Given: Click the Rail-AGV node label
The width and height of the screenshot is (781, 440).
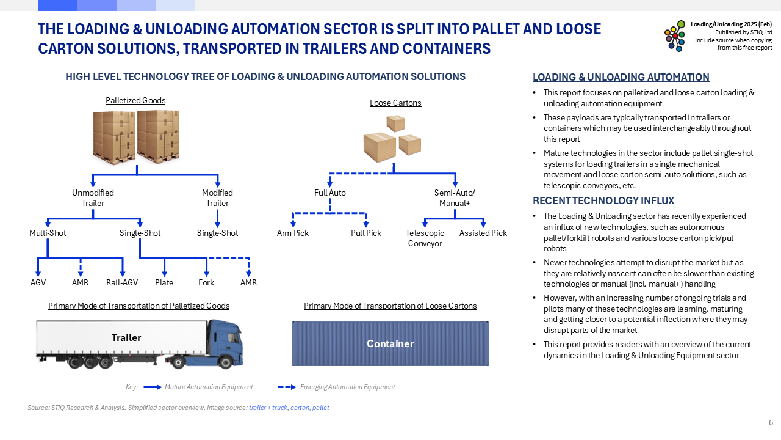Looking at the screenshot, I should (x=122, y=282).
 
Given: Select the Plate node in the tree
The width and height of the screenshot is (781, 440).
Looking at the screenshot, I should (x=164, y=282).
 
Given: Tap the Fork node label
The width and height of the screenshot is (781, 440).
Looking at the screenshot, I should (x=206, y=282).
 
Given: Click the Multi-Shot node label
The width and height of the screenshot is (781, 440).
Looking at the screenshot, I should (x=48, y=233).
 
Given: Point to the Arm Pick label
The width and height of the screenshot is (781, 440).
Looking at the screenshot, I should (x=293, y=233).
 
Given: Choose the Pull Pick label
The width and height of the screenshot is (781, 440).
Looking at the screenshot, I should (x=366, y=233).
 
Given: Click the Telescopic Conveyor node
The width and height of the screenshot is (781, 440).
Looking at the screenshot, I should (x=425, y=238).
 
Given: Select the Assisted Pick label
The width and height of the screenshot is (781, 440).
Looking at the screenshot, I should (x=483, y=233).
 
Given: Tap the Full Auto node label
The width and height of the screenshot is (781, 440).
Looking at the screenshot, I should (x=330, y=193).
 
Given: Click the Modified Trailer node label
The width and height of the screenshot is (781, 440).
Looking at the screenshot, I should (x=217, y=197).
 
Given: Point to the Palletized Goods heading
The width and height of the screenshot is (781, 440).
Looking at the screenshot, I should (x=135, y=100).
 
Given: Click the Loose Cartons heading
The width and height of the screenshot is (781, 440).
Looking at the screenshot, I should (x=395, y=103).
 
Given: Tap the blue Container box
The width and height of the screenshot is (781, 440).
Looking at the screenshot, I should (x=390, y=343).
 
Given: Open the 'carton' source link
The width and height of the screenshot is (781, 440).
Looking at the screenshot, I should (x=300, y=408).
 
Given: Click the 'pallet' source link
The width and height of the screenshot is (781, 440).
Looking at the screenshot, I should (x=320, y=408).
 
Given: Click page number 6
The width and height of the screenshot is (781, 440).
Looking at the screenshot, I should (x=771, y=423).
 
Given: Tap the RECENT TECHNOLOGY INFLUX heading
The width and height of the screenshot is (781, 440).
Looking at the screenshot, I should (x=603, y=200).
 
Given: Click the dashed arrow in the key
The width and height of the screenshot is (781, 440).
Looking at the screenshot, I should (x=287, y=387).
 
